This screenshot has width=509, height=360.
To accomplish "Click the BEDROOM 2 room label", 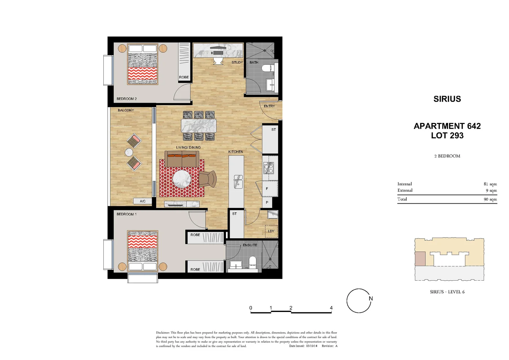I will (126, 99).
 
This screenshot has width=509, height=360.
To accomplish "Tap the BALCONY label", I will (126, 110).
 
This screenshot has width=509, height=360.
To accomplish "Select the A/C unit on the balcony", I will (143, 201).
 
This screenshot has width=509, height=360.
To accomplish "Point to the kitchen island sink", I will (238, 182).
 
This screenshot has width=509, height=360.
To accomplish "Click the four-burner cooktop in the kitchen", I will (269, 168).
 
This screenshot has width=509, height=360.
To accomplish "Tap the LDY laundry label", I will (271, 231).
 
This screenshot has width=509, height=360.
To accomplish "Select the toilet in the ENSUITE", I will (252, 262).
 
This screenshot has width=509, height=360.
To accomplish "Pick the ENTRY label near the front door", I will (269, 106).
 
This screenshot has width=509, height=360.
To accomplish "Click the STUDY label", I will (237, 62).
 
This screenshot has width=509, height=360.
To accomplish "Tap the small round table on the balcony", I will (129, 152).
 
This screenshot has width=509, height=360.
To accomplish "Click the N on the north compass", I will (370, 298).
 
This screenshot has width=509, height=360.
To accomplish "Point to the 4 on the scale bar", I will (331, 308).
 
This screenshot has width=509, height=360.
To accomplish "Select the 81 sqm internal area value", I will (490, 184).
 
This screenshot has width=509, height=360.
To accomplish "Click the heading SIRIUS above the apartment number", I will (447, 99).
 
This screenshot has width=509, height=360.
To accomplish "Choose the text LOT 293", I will (447, 136).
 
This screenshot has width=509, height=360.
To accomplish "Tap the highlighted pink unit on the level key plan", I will (420, 259).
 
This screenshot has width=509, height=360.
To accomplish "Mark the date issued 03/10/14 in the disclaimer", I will (312, 346).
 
